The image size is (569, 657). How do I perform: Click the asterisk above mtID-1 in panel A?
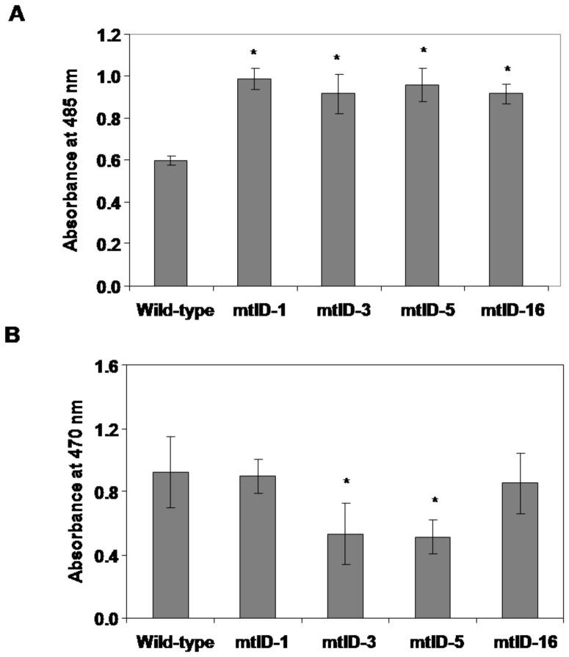[254, 53]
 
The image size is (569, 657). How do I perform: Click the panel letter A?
[16, 13]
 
